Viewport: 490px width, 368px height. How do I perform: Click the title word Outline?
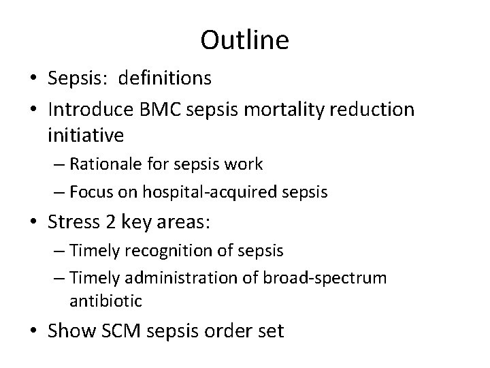pyautogui.click(x=244, y=40)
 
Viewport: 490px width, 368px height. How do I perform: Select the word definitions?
pyautogui.click(x=165, y=78)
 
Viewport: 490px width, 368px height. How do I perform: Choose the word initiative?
pyautogui.click(x=86, y=136)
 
